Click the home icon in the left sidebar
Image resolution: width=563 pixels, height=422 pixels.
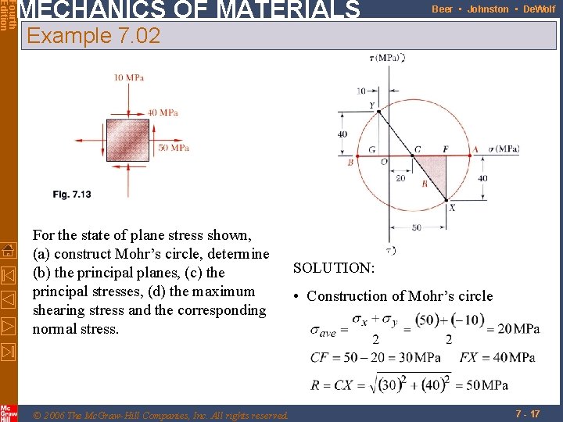pos(9,250)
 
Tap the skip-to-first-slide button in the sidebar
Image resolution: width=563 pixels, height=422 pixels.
pos(9,274)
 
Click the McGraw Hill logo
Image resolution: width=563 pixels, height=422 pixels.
pos(9,413)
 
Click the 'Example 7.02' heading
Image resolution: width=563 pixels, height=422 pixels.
pos(93,36)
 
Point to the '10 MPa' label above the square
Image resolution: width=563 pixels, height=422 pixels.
pos(129,77)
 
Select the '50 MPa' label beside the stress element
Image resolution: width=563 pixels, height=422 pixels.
pos(174,148)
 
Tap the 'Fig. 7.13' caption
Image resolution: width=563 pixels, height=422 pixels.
pos(72,195)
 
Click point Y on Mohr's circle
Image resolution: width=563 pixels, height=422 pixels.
pos(379,111)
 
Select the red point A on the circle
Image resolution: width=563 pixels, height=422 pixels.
pos(472,155)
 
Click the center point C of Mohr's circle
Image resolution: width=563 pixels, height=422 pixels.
pos(413,155)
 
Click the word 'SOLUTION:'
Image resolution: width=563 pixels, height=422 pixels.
pos(334,268)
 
